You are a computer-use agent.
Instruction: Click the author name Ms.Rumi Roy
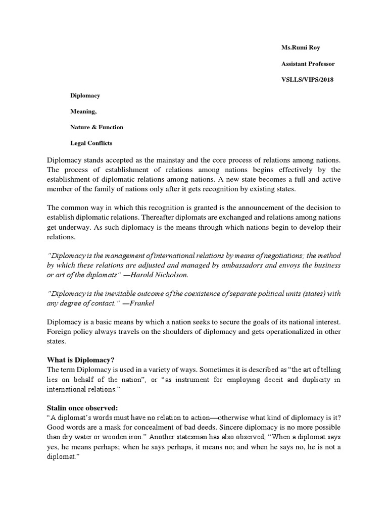301,47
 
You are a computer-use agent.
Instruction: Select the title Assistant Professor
308,64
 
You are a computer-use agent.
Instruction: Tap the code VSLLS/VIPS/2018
308,79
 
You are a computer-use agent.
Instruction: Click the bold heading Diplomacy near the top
85,95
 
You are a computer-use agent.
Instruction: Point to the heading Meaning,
83,111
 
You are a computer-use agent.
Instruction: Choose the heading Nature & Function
96,127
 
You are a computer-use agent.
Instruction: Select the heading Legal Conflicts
91,143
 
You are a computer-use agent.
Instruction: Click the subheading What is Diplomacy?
81,359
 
